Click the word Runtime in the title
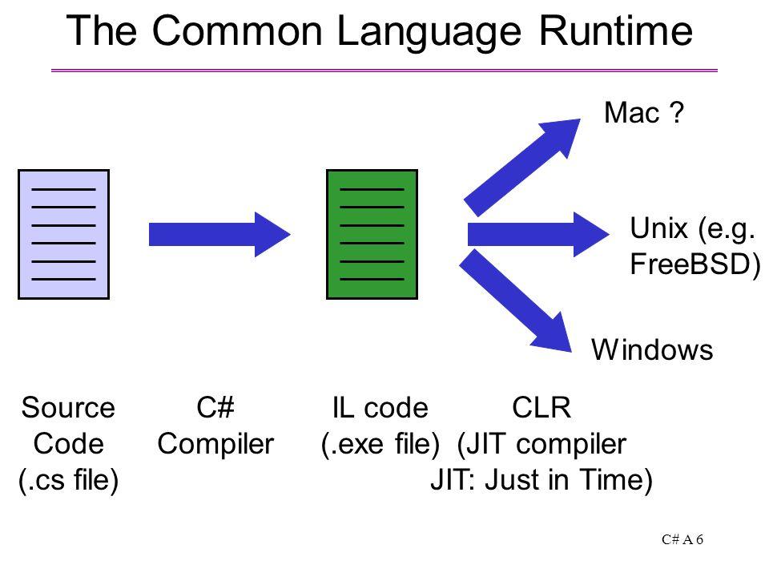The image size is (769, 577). pyautogui.click(x=615, y=30)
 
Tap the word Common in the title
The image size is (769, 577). pyautogui.click(x=237, y=30)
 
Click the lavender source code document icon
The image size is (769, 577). pyautogui.click(x=64, y=235)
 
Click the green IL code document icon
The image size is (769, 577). pyautogui.click(x=372, y=235)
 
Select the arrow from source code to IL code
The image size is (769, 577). pyautogui.click(x=219, y=235)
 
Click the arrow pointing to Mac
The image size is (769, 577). pyautogui.click(x=521, y=167)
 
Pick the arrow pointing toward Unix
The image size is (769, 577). pyautogui.click(x=538, y=235)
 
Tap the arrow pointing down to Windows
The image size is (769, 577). pyautogui.click(x=515, y=301)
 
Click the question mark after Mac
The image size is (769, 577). pyautogui.click(x=676, y=112)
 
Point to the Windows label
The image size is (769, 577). pyautogui.click(x=652, y=350)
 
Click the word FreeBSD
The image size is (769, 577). pyautogui.click(x=691, y=264)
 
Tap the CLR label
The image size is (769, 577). pyautogui.click(x=542, y=408)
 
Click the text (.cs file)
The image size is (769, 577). pyautogui.click(x=68, y=480)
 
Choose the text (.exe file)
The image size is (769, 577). pyautogui.click(x=380, y=444)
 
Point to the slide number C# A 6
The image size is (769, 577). pyautogui.click(x=682, y=539)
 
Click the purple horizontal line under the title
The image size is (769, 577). pyautogui.click(x=384, y=71)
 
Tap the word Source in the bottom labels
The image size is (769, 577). pyautogui.click(x=68, y=408)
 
